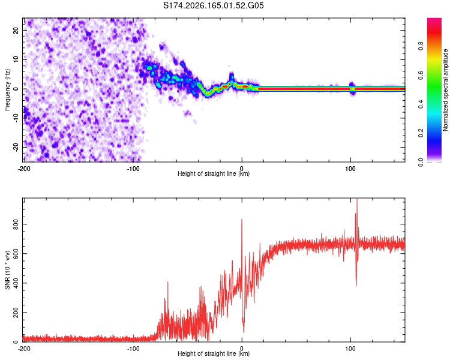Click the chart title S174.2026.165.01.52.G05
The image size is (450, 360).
(213, 5)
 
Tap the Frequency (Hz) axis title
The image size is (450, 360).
(7, 90)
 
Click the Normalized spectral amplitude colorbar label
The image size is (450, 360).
(445, 90)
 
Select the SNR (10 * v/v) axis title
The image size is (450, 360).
(7, 270)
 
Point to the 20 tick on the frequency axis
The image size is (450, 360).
(16, 30)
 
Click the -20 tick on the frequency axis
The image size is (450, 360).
(16, 147)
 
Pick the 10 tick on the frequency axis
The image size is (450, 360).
(16, 59)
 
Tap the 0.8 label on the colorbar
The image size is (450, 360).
(421, 46)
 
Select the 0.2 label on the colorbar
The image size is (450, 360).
(421, 133)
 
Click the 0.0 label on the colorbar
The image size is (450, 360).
(421, 162)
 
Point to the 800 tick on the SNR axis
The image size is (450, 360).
(16, 224)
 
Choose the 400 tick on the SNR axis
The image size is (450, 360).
(16, 283)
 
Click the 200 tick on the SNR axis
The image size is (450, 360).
(16, 313)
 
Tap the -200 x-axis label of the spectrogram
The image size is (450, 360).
(24, 169)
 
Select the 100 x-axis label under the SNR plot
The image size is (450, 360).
(350, 349)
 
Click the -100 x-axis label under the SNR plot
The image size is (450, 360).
(133, 349)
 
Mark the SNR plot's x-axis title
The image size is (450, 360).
(214, 353)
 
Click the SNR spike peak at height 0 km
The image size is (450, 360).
(242, 220)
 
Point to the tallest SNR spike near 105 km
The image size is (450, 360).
(357, 199)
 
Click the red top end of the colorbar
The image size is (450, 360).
(434, 19)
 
